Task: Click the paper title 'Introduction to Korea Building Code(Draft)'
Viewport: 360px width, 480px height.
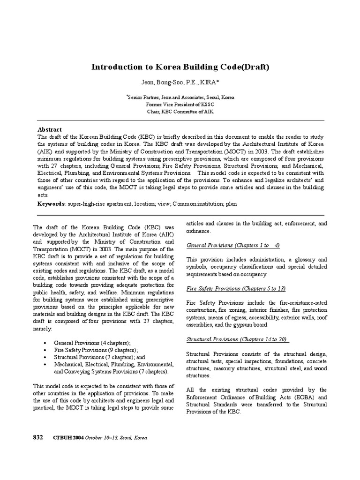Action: [180, 67]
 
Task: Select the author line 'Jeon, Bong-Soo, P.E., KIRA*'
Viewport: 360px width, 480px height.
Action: [180, 83]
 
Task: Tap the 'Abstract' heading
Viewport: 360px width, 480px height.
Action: [49, 129]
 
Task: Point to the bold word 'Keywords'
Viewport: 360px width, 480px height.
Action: [51, 204]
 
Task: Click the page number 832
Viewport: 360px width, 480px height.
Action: [37, 437]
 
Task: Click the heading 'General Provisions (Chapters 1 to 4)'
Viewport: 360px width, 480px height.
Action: [233, 245]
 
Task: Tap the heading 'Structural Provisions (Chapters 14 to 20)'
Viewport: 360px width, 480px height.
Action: [237, 339]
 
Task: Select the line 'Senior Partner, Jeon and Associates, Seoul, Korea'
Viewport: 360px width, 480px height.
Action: [180, 97]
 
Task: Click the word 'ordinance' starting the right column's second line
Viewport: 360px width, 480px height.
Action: [199, 231]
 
